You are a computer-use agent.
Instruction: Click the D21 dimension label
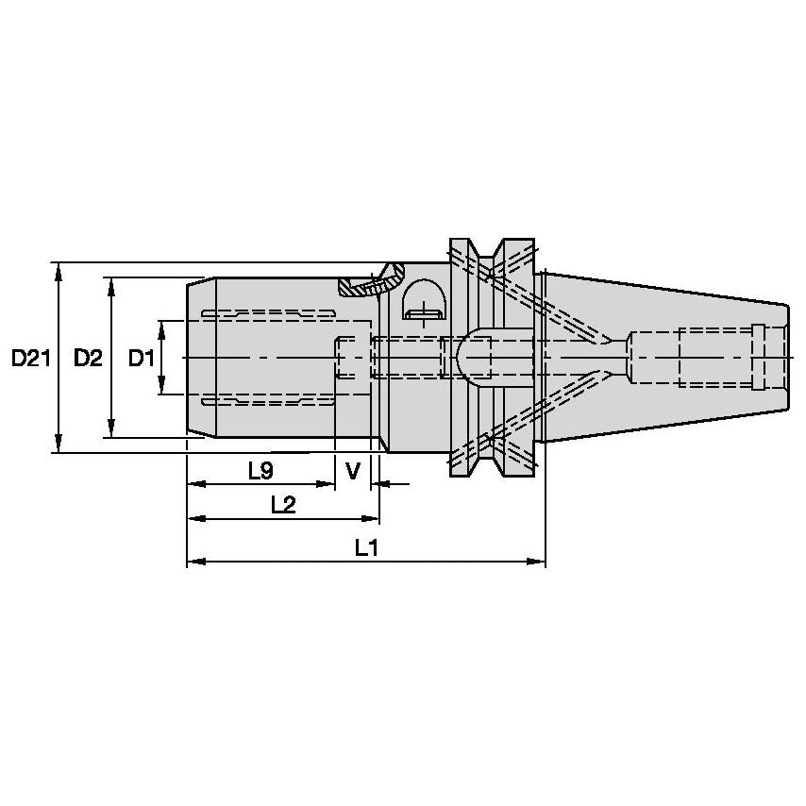tap(29, 359)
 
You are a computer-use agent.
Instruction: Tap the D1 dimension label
tap(141, 359)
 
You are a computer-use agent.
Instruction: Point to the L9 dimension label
tap(260, 470)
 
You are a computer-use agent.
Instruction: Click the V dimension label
tap(353, 470)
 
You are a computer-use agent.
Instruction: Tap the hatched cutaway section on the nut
tap(371, 280)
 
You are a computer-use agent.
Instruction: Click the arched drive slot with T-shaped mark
tap(425, 301)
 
